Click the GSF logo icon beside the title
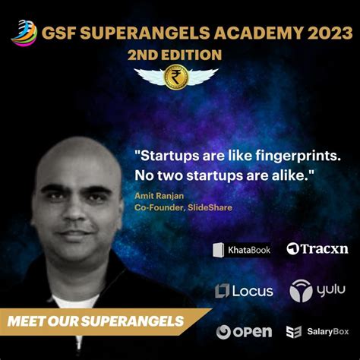23,32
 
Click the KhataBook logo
241,249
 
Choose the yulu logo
316,290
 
